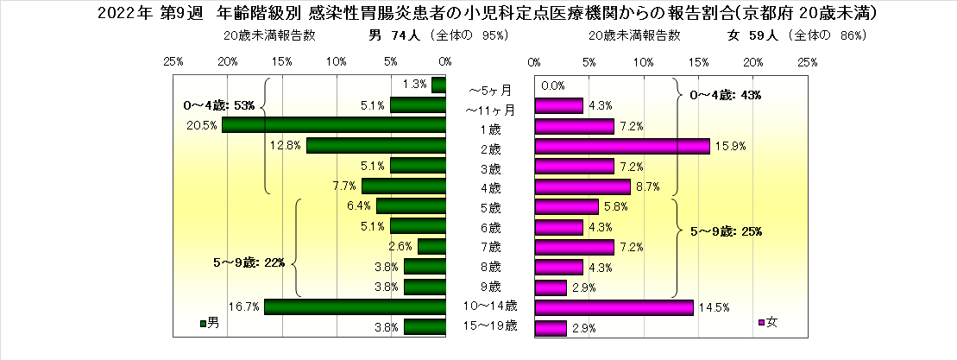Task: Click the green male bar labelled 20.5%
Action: (334, 125)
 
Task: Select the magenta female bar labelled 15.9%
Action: (622, 146)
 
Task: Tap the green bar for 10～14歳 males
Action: (355, 306)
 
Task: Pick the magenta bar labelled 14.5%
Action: (614, 306)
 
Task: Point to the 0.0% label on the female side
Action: (552, 85)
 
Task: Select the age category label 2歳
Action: (490, 146)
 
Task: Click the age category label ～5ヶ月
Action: (490, 89)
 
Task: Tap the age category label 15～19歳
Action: (490, 326)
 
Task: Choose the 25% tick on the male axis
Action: (173, 62)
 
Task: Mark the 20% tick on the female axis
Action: (753, 62)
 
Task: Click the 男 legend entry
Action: (210, 323)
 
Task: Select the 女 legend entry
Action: (767, 323)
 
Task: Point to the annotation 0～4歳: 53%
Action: (220, 105)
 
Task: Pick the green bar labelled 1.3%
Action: (439, 85)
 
